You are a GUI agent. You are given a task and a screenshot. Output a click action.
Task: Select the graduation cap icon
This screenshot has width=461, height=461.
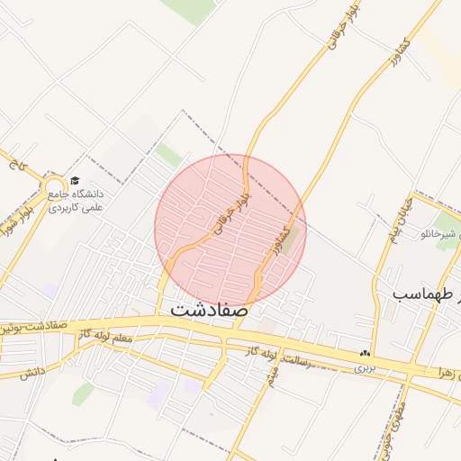coord(74,181)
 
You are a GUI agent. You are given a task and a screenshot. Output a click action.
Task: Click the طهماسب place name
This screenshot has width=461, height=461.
coord(424,294)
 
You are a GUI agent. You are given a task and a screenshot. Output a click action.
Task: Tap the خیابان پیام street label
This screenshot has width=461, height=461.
coord(400,220)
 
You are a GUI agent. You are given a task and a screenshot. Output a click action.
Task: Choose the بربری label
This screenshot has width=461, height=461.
coord(363,367)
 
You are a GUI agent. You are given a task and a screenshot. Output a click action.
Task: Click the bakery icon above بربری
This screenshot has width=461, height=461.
coord(364,354)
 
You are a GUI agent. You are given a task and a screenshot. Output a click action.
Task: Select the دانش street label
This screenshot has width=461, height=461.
coord(32,372)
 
